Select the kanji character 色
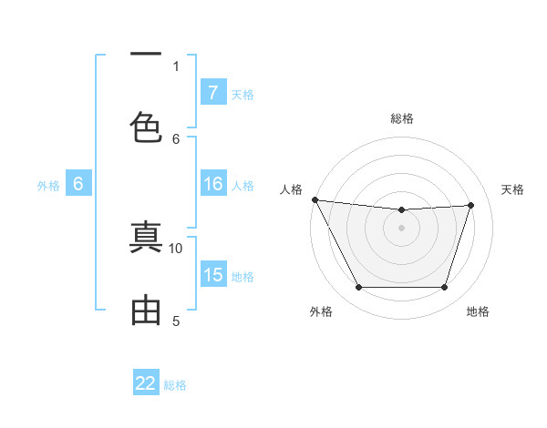[146, 126]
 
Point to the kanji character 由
[146, 311]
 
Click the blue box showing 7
[212, 93]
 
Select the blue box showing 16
[212, 185]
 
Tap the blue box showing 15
[212, 275]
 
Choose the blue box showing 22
[146, 383]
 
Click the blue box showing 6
[78, 185]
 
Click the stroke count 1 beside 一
[176, 66]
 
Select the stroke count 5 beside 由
[176, 321]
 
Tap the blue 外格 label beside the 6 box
[48, 186]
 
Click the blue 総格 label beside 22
[175, 384]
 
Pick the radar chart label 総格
[402, 118]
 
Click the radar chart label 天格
[513, 189]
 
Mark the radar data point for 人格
[315, 199]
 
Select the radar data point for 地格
[444, 288]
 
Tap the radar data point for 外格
[358, 288]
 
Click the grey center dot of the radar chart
[401, 228]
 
